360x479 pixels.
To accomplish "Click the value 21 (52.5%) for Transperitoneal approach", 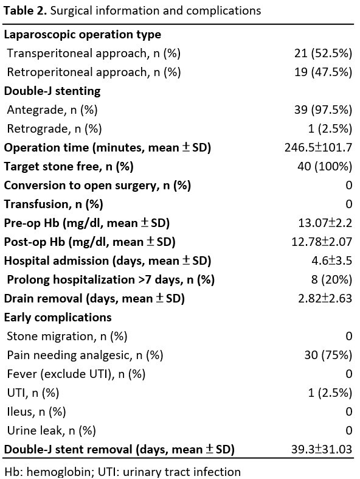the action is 323,53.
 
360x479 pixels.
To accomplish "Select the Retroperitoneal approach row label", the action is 94,72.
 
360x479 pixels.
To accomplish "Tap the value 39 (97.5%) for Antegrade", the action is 323,110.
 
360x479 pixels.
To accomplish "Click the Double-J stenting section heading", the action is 52,91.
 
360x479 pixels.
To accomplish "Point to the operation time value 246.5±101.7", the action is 318,147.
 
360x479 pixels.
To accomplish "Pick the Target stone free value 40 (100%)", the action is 325,167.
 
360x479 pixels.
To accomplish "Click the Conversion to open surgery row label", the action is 97,186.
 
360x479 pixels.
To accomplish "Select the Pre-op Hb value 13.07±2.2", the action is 325,223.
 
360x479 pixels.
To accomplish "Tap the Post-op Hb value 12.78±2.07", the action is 322,242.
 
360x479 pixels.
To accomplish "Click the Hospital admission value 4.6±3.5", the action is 331,261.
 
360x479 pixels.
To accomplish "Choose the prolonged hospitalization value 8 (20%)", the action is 331,280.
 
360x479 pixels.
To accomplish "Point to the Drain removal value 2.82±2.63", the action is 325,298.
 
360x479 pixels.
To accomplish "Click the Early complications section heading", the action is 58,317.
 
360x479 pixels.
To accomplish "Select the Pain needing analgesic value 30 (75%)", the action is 328,355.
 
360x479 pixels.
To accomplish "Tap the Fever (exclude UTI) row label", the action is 76,374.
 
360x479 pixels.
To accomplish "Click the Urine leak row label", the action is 51,431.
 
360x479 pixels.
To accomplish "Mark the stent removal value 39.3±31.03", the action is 322,450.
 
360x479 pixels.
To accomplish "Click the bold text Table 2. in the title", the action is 25,11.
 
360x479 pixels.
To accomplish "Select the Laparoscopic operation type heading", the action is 83,35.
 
